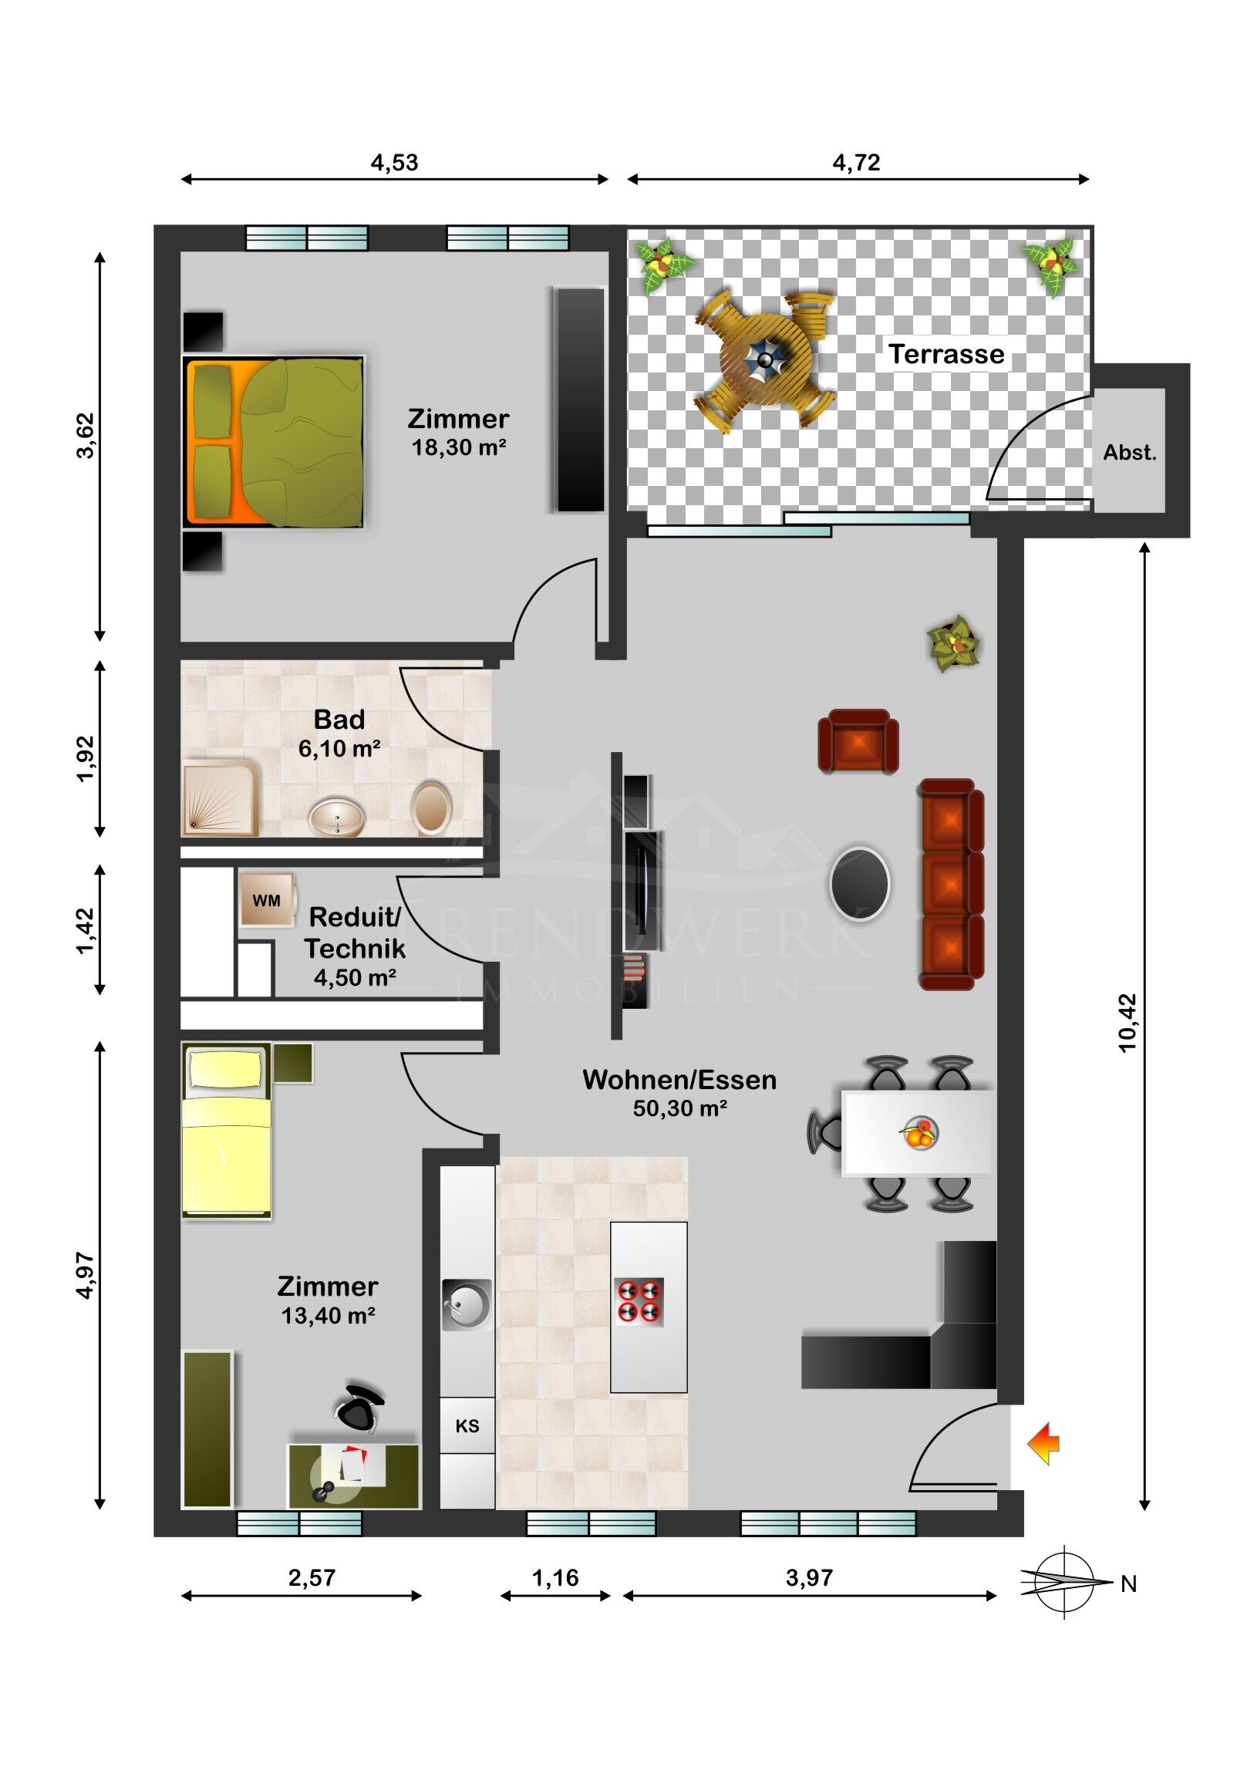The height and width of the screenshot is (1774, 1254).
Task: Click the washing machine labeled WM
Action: [x=267, y=899]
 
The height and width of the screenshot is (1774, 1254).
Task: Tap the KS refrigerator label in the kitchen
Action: [x=467, y=1425]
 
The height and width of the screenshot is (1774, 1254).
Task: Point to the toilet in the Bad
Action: [x=431, y=808]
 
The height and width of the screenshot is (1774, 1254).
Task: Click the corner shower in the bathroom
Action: [x=221, y=798]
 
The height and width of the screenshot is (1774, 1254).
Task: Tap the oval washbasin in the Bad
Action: [x=337, y=818]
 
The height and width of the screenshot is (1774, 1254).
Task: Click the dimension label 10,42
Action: [x=1128, y=1023]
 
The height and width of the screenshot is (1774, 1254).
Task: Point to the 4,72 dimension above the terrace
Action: [x=856, y=162]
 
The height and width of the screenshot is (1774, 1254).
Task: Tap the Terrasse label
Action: [x=946, y=354]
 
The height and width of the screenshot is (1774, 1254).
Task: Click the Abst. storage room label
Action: [x=1130, y=453]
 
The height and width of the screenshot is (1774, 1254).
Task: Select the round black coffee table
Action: [x=859, y=884]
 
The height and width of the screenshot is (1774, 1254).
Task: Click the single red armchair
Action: [x=858, y=741]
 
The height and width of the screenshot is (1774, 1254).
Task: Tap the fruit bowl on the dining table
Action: [x=919, y=1134]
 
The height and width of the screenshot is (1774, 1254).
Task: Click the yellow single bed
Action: [x=227, y=1132]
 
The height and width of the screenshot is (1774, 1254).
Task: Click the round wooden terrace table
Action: [x=765, y=359]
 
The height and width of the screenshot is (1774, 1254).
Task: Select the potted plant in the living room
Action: [x=954, y=642]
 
